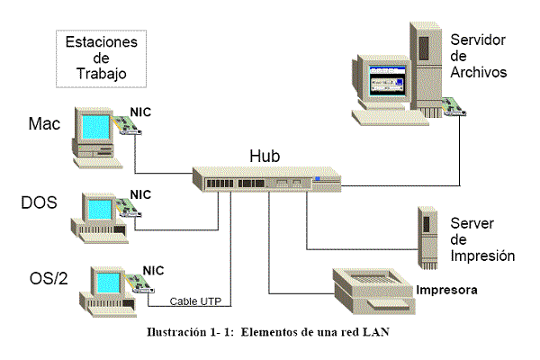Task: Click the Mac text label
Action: tap(45, 123)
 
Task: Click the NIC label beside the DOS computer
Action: tap(140, 193)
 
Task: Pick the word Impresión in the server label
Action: tap(482, 256)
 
